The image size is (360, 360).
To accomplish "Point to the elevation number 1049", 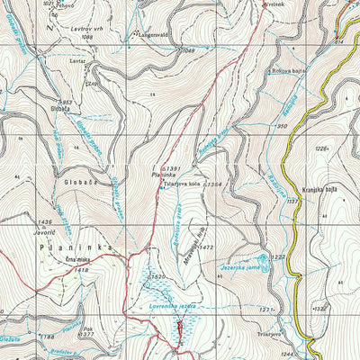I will pyautogui.click(x=188, y=49).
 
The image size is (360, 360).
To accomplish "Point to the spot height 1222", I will pyautogui.click(x=277, y=257).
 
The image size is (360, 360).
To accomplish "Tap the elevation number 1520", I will pyautogui.click(x=158, y=276).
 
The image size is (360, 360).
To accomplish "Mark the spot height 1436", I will pyautogui.click(x=43, y=221).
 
